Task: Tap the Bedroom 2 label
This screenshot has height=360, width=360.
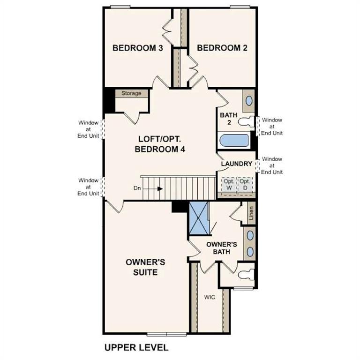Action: [x=222, y=48]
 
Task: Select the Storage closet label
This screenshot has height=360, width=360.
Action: [x=131, y=93]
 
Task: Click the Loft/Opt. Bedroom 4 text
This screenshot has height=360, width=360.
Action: [x=160, y=144]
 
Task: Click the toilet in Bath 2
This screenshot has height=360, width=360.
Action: [x=246, y=122]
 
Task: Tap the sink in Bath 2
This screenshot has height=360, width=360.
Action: [x=249, y=101]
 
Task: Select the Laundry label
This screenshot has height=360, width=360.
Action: [x=237, y=164]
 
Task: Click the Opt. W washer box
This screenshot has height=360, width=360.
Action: [x=228, y=184]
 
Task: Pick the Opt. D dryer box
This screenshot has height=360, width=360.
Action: [x=244, y=184]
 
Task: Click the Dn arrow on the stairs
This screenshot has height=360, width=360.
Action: [x=160, y=189]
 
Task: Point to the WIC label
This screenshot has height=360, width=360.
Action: [x=209, y=297]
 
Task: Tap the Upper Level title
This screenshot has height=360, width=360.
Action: [x=136, y=347]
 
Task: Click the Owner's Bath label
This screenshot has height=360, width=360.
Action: [x=222, y=248]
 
